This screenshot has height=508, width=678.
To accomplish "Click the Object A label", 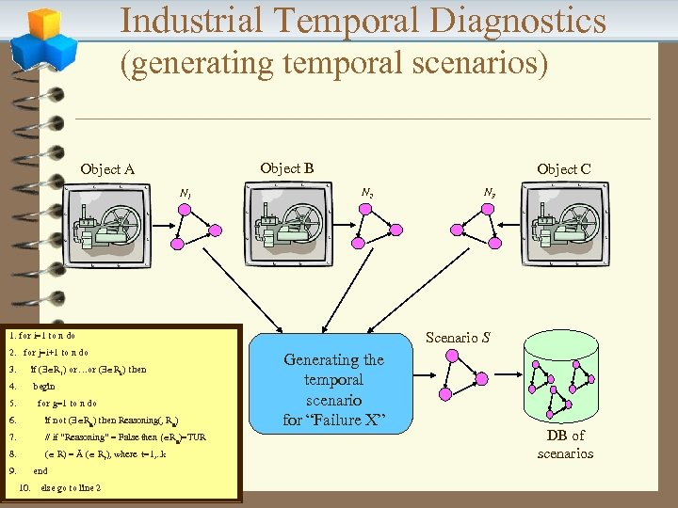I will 107,169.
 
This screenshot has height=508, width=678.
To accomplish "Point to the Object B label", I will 286,168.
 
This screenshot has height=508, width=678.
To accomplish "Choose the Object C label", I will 563,169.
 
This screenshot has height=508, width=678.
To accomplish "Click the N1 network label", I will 186,194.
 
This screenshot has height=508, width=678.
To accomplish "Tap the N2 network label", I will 366,193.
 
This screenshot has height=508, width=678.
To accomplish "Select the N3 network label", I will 490,193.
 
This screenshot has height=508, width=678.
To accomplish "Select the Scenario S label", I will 458,337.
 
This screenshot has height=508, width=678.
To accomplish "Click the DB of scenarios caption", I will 565,444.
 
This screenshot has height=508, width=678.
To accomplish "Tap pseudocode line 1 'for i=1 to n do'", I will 41,335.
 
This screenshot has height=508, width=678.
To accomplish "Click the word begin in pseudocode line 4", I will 44,386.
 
